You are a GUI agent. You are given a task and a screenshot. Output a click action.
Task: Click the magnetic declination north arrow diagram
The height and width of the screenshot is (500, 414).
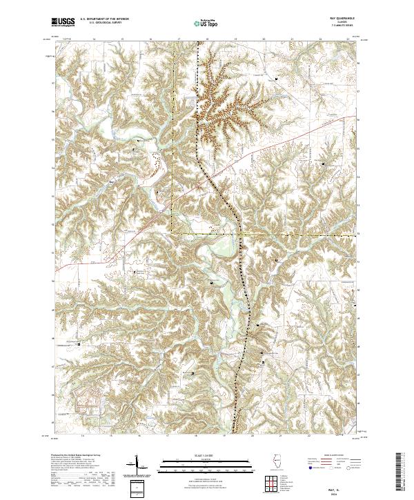(x=136, y=469)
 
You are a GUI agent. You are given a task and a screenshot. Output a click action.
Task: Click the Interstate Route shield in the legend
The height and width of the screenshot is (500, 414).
(x=304, y=467)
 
